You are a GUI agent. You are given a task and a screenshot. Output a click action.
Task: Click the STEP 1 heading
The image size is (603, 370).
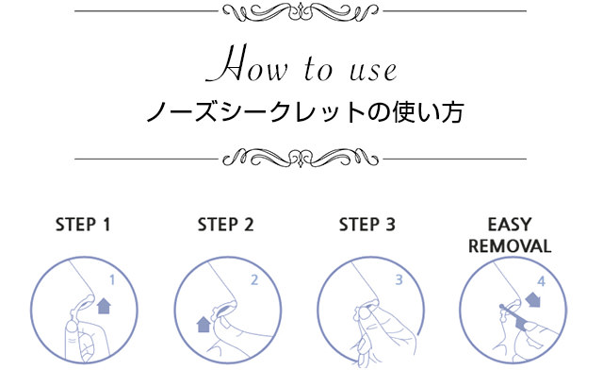pyautogui.click(x=83, y=225)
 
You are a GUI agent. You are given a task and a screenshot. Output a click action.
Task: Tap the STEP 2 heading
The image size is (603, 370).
pyautogui.click(x=226, y=225)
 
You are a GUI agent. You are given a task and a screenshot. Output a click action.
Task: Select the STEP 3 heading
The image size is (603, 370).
pyautogui.click(x=367, y=225)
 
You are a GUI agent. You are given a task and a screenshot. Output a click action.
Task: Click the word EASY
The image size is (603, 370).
pyautogui.click(x=510, y=225)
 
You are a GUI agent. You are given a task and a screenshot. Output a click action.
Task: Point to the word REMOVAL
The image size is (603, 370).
pyautogui.click(x=510, y=246)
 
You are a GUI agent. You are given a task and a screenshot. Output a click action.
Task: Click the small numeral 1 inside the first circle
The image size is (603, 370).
pyautogui.click(x=112, y=280)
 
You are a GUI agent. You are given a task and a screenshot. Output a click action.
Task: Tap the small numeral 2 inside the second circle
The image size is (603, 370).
pyautogui.click(x=254, y=280)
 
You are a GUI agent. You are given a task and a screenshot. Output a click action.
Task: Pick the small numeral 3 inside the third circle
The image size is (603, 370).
pyautogui.click(x=399, y=280)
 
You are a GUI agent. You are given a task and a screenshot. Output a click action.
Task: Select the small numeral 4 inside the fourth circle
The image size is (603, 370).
pyautogui.click(x=541, y=281)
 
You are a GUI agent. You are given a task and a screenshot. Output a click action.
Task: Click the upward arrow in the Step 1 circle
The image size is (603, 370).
pyautogui.click(x=104, y=306)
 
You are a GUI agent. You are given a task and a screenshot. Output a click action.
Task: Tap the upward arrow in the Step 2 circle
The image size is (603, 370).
pyautogui.click(x=204, y=324)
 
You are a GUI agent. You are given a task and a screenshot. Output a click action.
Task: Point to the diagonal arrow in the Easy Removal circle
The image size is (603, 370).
pyautogui.click(x=533, y=299)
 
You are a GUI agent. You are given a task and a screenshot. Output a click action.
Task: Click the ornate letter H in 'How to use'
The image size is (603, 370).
pyautogui.click(x=226, y=63)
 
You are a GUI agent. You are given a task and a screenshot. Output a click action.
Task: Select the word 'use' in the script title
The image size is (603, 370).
pyautogui.click(x=373, y=71)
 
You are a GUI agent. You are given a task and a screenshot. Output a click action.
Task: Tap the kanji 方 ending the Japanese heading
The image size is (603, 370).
pyautogui.click(x=451, y=112)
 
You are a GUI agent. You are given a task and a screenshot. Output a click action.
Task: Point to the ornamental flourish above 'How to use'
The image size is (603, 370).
pyautogui.click(x=301, y=12)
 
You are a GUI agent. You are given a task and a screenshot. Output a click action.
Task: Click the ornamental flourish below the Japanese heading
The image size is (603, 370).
pyautogui.click(x=301, y=158)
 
